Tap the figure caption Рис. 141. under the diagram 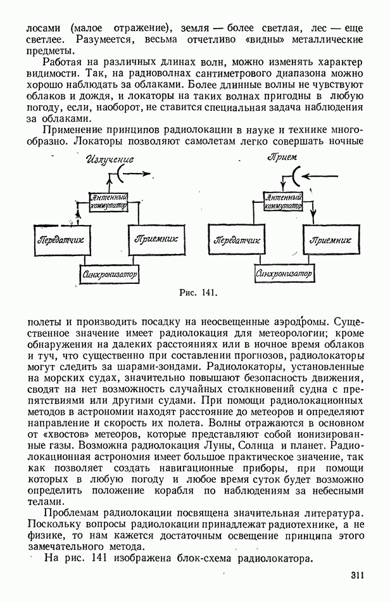point(199,293)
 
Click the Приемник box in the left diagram point(156,239)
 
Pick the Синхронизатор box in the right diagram point(284,274)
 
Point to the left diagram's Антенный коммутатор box point(110,202)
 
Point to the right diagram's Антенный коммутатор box point(284,201)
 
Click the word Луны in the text point(217,446)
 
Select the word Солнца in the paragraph point(258,446)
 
